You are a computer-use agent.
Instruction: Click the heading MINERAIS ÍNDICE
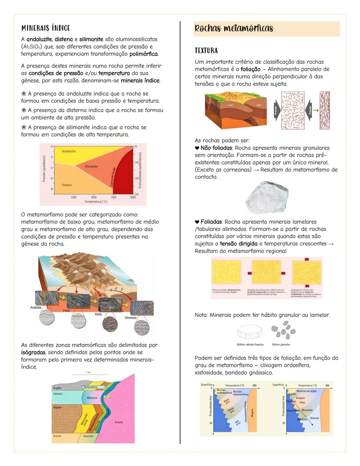click(46, 28)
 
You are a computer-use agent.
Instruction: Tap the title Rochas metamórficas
click(234, 28)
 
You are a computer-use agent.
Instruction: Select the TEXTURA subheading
click(206, 51)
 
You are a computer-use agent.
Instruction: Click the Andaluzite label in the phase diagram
click(69, 151)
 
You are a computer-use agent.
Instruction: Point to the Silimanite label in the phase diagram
click(91, 166)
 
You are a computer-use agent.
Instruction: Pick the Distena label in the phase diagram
click(66, 185)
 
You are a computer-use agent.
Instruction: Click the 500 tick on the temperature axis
click(73, 197)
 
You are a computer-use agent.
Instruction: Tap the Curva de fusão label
click(112, 177)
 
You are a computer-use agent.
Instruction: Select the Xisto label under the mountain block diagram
click(98, 314)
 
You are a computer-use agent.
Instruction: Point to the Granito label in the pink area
click(119, 422)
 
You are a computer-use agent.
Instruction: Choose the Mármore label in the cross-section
click(92, 398)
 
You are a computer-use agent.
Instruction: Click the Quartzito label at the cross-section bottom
click(88, 436)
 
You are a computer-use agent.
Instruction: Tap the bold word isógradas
click(33, 353)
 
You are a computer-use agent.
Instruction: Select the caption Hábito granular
click(281, 345)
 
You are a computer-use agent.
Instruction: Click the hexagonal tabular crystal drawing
click(250, 332)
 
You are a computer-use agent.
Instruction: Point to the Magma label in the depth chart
click(252, 413)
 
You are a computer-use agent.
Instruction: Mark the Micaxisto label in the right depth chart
click(307, 410)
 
